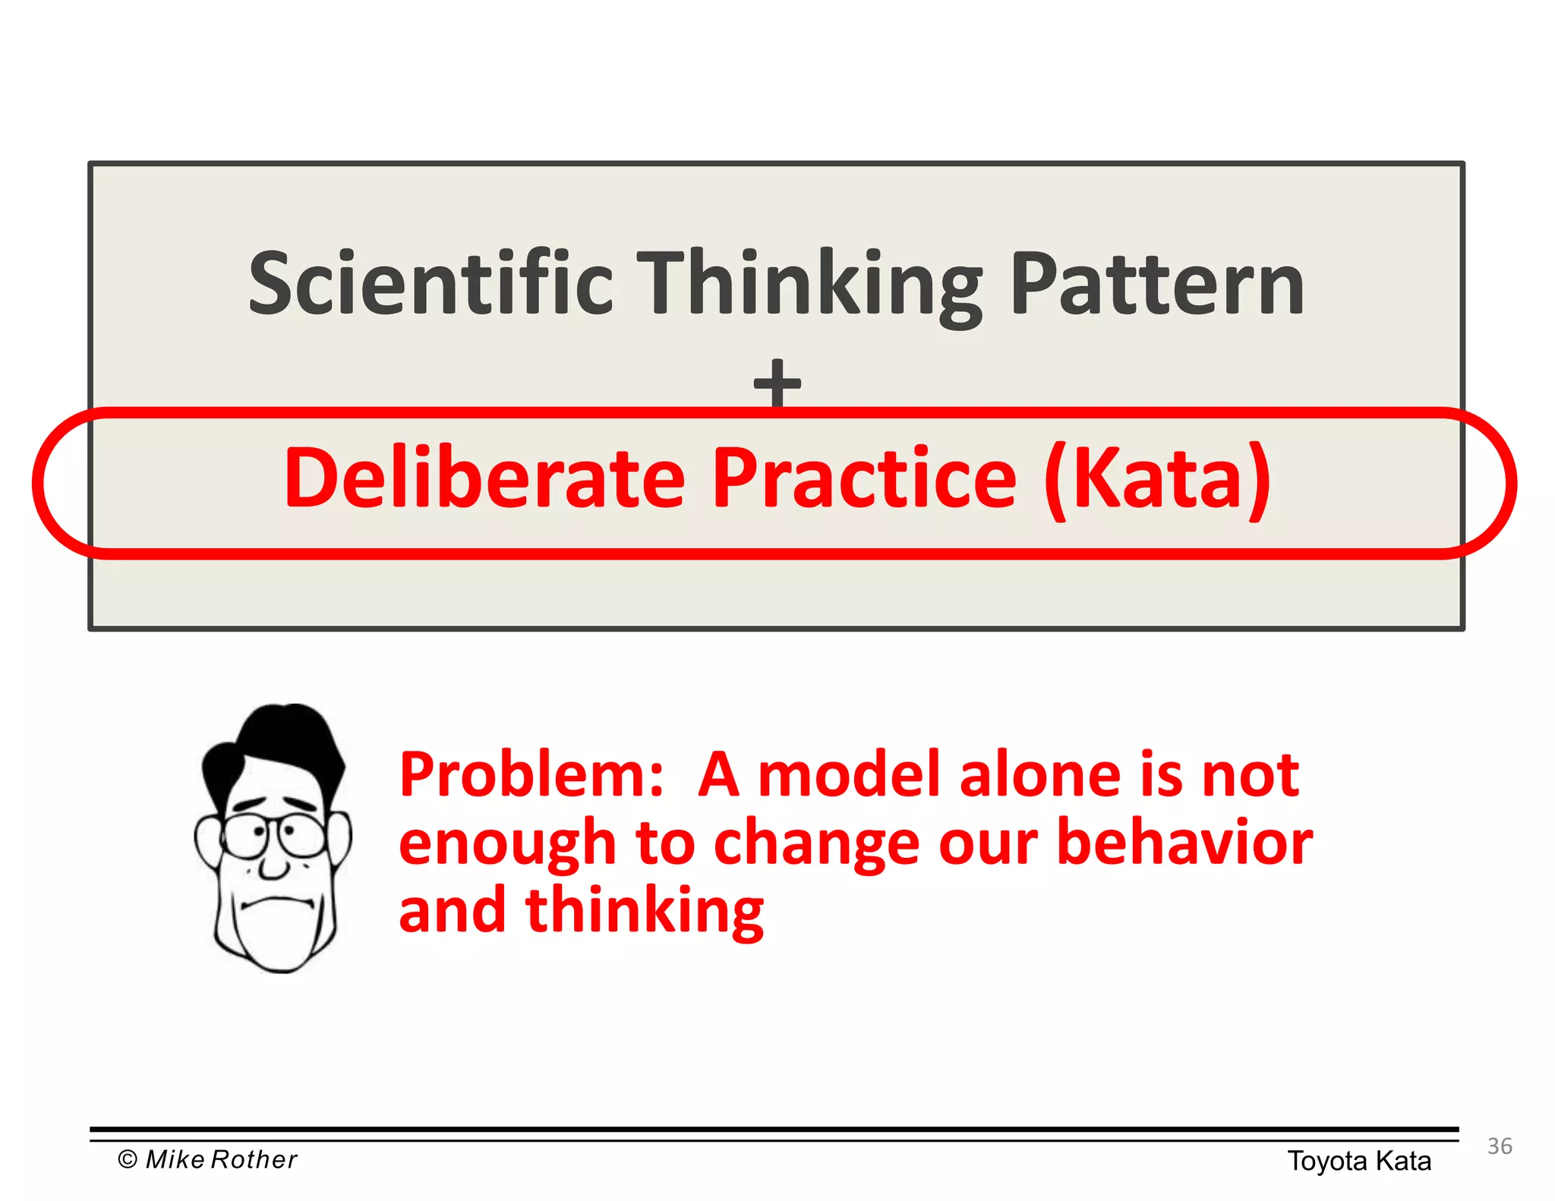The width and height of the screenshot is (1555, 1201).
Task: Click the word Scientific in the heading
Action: (x=431, y=283)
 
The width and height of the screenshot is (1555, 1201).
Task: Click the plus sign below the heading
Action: (x=777, y=383)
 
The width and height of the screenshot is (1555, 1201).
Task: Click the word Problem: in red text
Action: (x=531, y=776)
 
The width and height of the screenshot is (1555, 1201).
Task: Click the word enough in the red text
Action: (x=506, y=844)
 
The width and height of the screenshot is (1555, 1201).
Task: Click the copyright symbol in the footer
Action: (x=128, y=1159)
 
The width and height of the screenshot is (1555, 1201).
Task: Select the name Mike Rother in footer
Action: (x=221, y=1159)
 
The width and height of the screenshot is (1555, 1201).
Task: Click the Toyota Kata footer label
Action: (x=1358, y=1161)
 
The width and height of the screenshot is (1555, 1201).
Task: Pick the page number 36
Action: (x=1499, y=1146)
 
